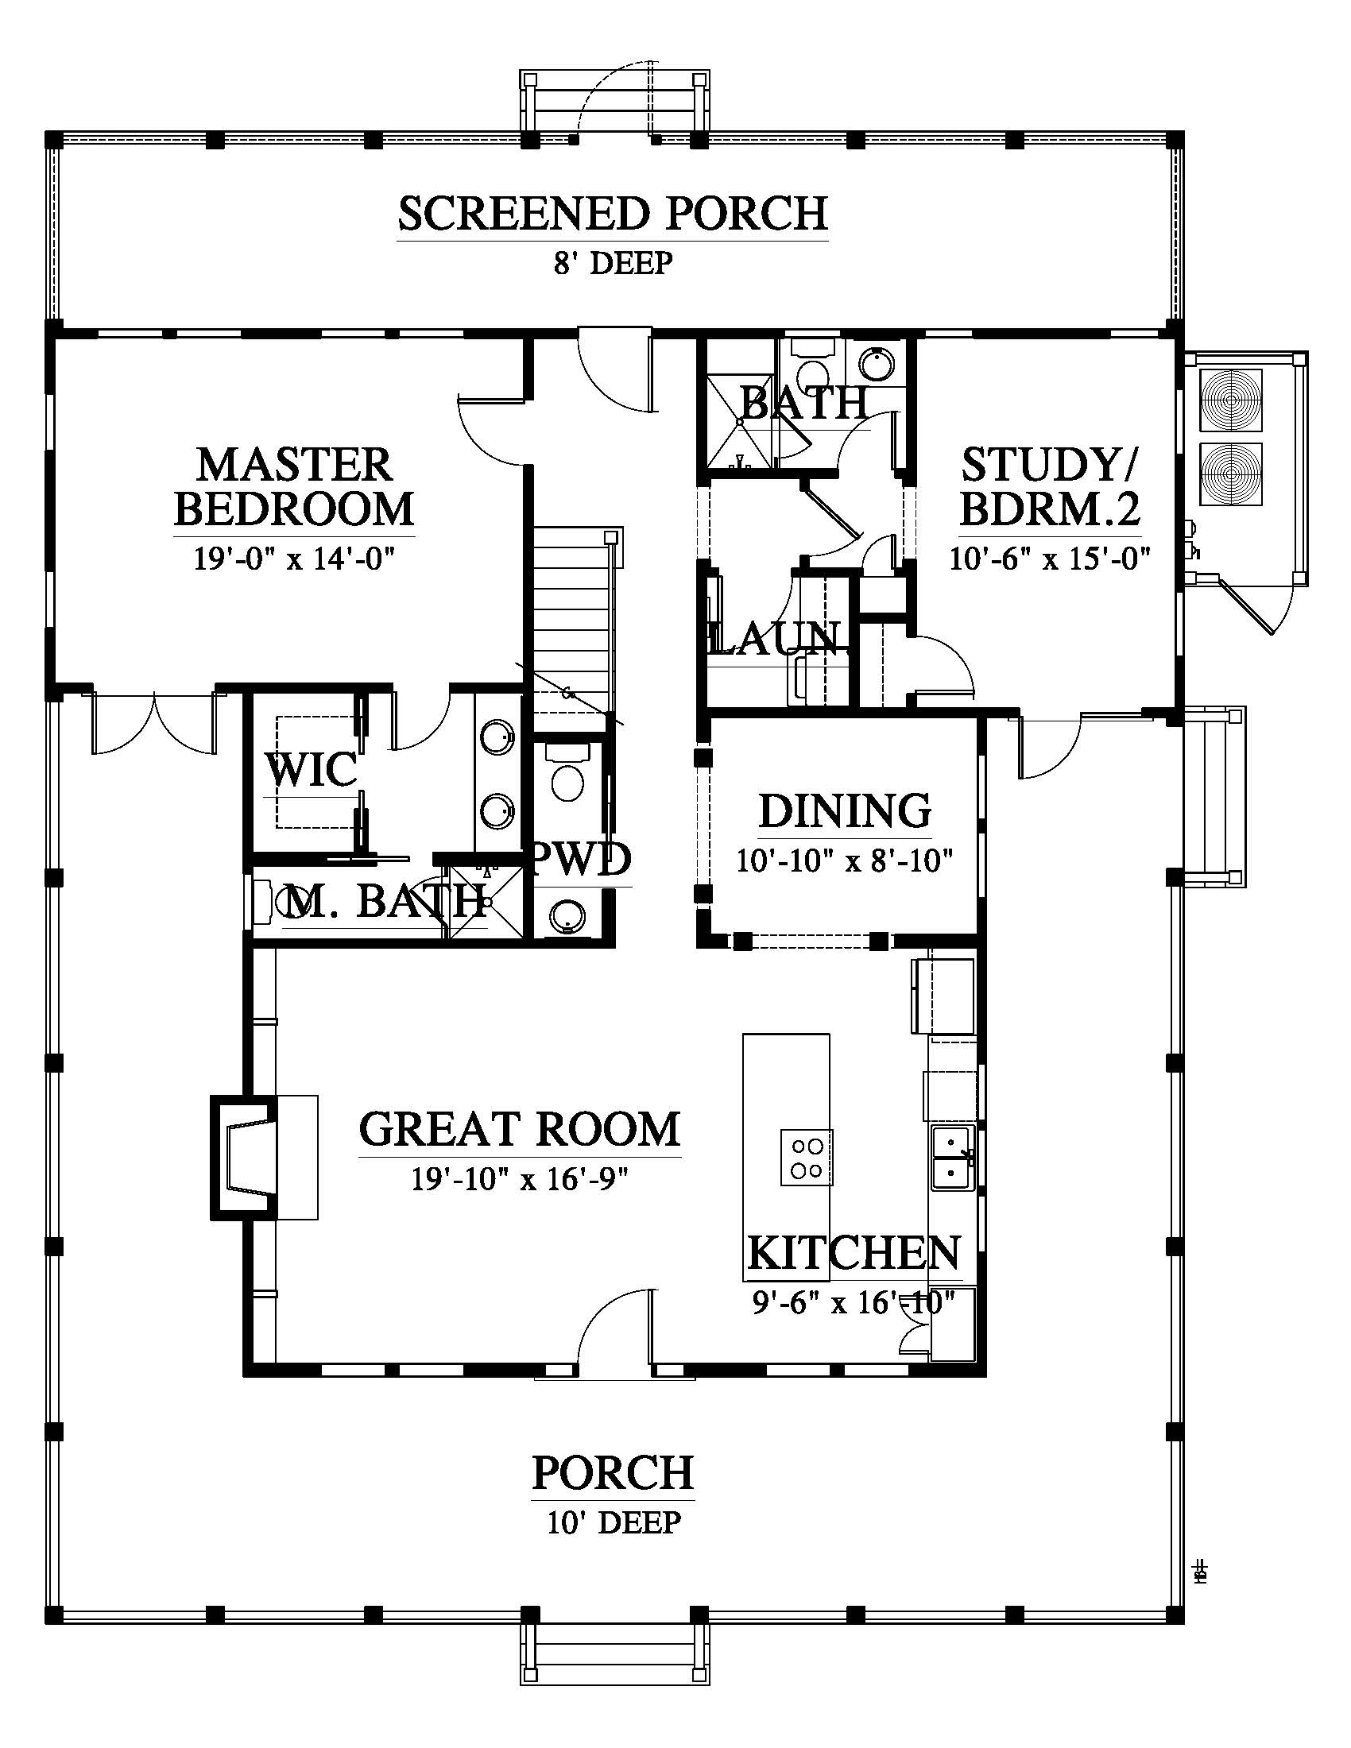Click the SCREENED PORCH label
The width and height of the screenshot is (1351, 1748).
(x=612, y=214)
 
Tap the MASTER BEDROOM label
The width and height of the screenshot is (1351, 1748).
(x=295, y=486)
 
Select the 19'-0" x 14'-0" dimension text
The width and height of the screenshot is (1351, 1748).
(x=295, y=558)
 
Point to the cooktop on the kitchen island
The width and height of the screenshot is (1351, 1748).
(x=807, y=1158)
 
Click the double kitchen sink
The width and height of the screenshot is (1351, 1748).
(x=952, y=1158)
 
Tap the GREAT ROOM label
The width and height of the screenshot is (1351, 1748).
(x=520, y=1129)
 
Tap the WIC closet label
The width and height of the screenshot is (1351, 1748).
(x=312, y=770)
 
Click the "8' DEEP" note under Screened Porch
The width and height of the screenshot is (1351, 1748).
(x=613, y=262)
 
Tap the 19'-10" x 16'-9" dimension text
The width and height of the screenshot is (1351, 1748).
(x=520, y=1179)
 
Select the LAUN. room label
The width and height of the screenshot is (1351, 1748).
(x=776, y=638)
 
